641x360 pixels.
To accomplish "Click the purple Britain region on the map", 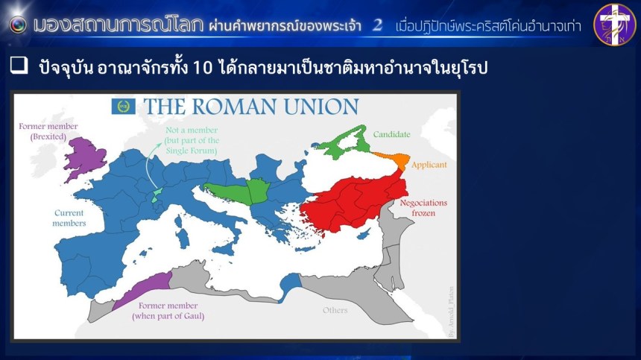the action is click(86, 157).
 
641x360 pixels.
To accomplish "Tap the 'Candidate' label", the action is click(391, 134).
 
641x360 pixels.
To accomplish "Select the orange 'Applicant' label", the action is click(429, 165).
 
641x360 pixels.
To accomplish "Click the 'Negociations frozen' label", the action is click(423, 208).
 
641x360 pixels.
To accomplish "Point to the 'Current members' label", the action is click(69, 218).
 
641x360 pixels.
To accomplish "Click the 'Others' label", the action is click(335, 310).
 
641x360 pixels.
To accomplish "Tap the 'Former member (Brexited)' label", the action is click(48, 131).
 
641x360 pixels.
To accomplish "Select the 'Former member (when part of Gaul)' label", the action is click(168, 311).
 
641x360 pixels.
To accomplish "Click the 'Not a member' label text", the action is click(192, 130).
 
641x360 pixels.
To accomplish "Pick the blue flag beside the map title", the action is click(124, 107).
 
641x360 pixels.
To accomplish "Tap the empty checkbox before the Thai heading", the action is click(19, 66).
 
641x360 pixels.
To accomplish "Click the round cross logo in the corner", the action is click(614, 24).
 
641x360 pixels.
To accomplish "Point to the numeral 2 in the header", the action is click(377, 25).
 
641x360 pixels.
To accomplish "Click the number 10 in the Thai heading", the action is click(202, 67).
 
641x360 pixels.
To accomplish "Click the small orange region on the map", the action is click(394, 159).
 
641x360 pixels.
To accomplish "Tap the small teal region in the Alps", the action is click(156, 195).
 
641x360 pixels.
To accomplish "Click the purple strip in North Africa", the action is click(143, 288).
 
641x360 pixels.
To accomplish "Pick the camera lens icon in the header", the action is click(18, 25).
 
